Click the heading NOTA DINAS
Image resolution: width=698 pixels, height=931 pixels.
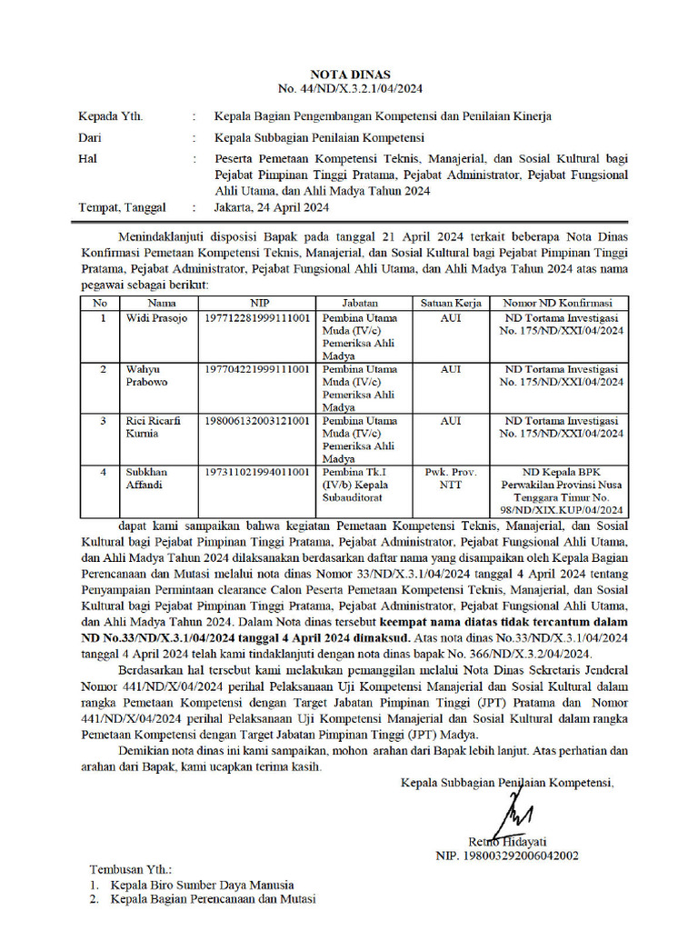349,75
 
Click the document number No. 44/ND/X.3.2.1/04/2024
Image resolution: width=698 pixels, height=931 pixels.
349,89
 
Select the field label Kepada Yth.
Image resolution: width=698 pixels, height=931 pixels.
111,116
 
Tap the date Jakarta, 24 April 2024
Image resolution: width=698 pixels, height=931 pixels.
271,207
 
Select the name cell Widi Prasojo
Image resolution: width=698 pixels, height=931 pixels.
155,318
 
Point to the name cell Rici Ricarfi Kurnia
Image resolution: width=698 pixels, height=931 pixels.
152,427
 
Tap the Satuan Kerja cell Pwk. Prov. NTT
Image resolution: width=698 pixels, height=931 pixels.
450,478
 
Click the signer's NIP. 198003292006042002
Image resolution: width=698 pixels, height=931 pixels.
507,856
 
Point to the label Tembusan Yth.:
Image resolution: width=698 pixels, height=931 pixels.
130,869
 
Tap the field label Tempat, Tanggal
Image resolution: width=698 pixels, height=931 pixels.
123,207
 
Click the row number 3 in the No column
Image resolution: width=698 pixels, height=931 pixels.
104,421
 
